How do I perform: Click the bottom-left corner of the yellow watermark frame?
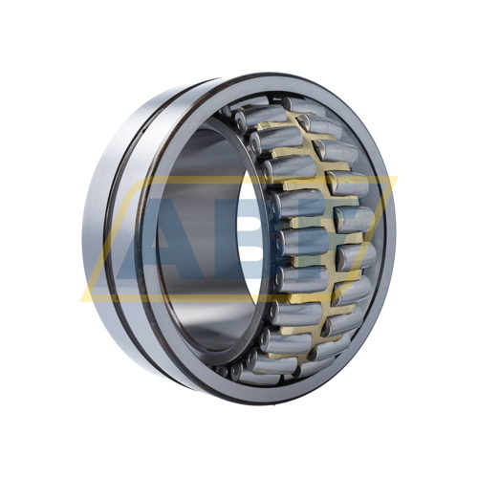(82, 301)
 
